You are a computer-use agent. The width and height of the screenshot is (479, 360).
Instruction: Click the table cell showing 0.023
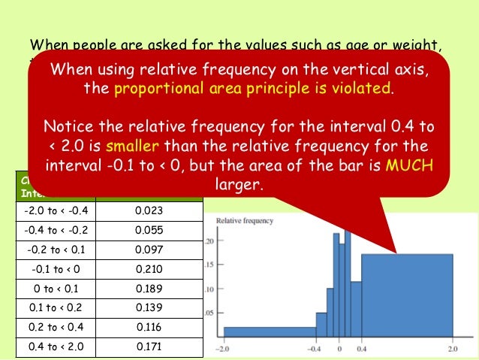pyautogui.click(x=149, y=210)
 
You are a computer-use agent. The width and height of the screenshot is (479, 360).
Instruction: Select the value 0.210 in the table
pyautogui.click(x=149, y=268)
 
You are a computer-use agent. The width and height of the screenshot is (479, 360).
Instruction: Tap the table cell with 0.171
pyautogui.click(x=149, y=346)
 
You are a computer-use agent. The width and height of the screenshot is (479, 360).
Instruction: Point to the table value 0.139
pyautogui.click(x=149, y=307)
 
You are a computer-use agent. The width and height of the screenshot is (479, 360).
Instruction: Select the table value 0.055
pyautogui.click(x=149, y=230)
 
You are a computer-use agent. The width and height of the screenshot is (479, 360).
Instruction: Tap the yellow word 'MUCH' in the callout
pyautogui.click(x=408, y=165)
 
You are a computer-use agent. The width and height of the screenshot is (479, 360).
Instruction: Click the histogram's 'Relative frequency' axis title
pyautogui.click(x=244, y=221)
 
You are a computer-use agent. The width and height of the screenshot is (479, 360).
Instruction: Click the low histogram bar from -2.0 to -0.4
pyautogui.click(x=270, y=331)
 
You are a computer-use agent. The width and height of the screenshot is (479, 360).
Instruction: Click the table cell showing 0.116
pyautogui.click(x=149, y=327)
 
